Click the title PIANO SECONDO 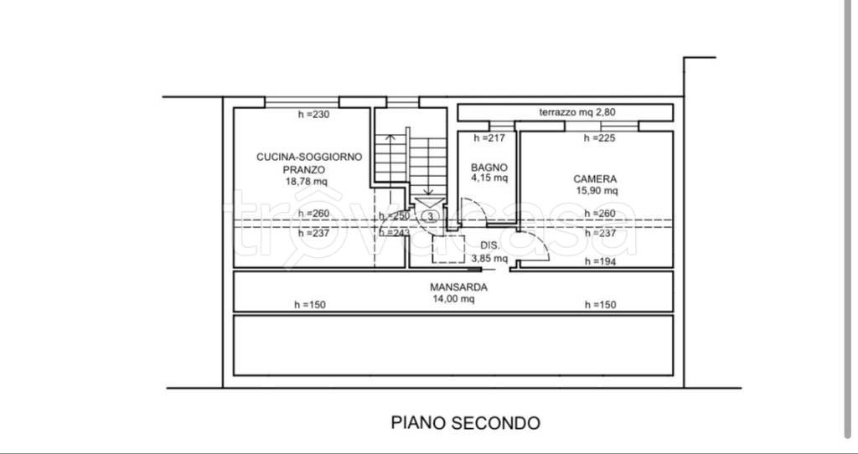(x=466, y=422)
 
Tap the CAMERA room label (x=595, y=178)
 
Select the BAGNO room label (x=489, y=167)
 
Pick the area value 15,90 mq (x=595, y=190)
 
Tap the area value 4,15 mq (x=489, y=178)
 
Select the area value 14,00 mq (x=452, y=298)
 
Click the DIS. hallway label (x=490, y=246)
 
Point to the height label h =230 (x=314, y=115)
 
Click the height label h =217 (x=489, y=138)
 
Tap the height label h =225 (x=600, y=138)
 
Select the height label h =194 (x=600, y=262)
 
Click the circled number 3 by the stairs (x=429, y=216)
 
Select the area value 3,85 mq (x=490, y=258)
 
